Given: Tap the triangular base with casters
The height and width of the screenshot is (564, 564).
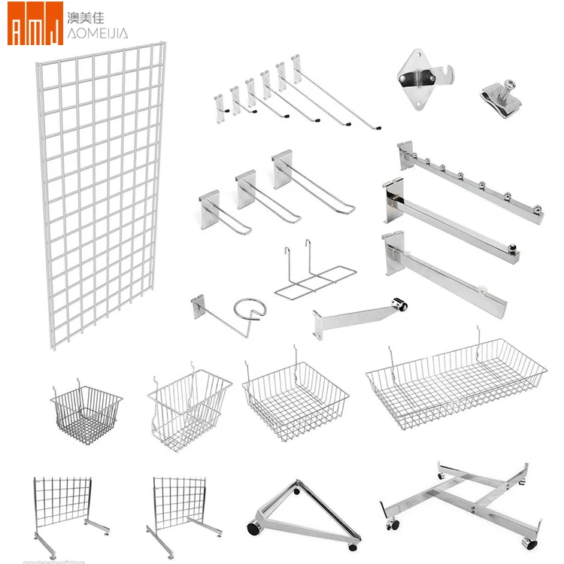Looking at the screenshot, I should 301,511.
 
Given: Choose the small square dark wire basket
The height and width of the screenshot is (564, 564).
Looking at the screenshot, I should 86,413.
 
